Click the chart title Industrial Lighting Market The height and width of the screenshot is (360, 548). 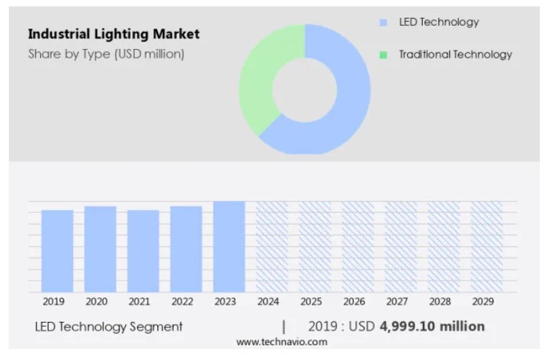(x=114, y=34)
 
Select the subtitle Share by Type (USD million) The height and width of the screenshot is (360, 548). (x=106, y=54)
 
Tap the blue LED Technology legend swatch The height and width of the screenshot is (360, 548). (x=383, y=22)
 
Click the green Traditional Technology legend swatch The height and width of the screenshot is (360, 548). (x=383, y=54)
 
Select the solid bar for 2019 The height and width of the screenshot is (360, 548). (x=57, y=251)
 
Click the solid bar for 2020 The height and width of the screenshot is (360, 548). (x=100, y=249)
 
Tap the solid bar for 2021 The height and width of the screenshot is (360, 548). (x=143, y=251)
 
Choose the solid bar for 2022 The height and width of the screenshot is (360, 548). (x=186, y=249)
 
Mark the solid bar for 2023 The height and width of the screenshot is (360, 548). (x=229, y=246)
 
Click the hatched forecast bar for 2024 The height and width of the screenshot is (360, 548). (x=272, y=246)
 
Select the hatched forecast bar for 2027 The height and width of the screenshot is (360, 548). (x=400, y=246)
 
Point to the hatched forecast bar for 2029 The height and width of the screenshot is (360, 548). (x=486, y=246)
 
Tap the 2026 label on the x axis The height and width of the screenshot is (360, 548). (x=354, y=301)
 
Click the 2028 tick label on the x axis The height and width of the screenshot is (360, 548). (x=440, y=301)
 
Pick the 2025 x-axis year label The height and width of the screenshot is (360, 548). (x=311, y=301)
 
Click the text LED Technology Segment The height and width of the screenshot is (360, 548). (x=109, y=327)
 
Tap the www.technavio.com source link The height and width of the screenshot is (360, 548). (x=282, y=342)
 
